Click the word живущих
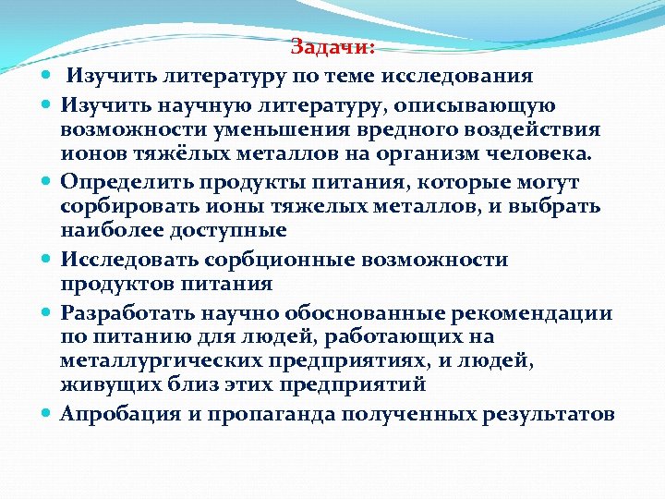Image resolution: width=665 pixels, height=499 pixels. pyautogui.click(x=103, y=380)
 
